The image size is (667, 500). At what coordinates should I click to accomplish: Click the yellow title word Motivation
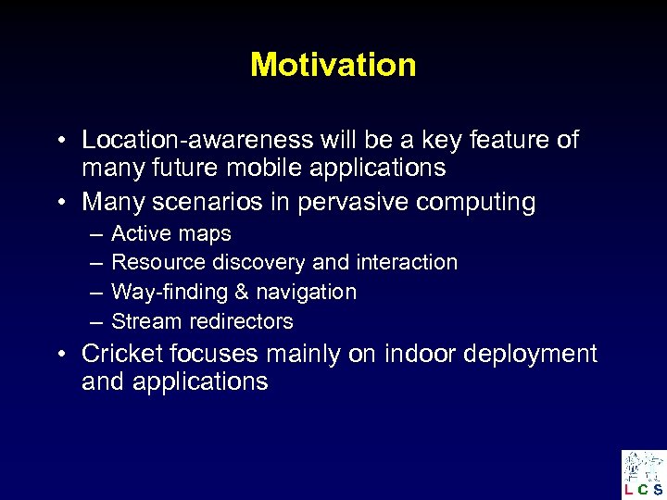click(333, 65)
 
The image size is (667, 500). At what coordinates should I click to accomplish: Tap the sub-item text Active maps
click(170, 233)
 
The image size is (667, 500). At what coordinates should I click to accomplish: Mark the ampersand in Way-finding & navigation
click(242, 292)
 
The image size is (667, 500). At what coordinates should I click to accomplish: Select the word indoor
click(417, 354)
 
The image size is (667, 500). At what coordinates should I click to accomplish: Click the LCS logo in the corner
click(643, 473)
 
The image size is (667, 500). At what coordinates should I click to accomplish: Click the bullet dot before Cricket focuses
click(58, 355)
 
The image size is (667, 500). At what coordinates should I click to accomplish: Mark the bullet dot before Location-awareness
click(58, 141)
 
